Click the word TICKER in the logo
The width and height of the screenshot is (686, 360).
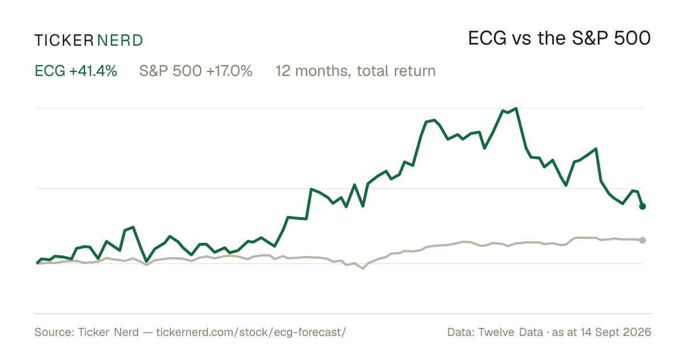point(64,41)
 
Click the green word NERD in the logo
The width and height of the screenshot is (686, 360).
point(120,41)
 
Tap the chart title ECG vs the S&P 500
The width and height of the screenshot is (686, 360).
point(559,38)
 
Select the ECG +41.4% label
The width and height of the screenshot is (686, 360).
point(76,71)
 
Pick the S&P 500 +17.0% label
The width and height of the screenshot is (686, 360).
point(196,71)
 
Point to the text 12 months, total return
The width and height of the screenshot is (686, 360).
point(356,71)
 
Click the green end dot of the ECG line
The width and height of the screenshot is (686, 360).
point(643,206)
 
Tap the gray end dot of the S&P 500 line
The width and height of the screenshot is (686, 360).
point(643,241)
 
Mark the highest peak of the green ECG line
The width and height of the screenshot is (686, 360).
point(516,109)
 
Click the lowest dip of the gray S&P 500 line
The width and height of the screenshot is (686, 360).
point(363,269)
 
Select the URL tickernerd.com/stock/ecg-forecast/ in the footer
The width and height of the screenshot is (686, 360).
point(251,332)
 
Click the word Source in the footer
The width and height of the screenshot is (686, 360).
point(53,332)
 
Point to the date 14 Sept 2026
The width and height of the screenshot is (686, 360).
point(616,332)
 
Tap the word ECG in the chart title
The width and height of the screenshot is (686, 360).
point(487,38)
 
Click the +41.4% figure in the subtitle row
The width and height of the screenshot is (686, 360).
point(93,71)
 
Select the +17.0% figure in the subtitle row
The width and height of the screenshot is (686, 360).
point(230,71)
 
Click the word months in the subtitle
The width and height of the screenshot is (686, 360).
point(322,71)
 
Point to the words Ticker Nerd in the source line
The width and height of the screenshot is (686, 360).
point(109,332)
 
